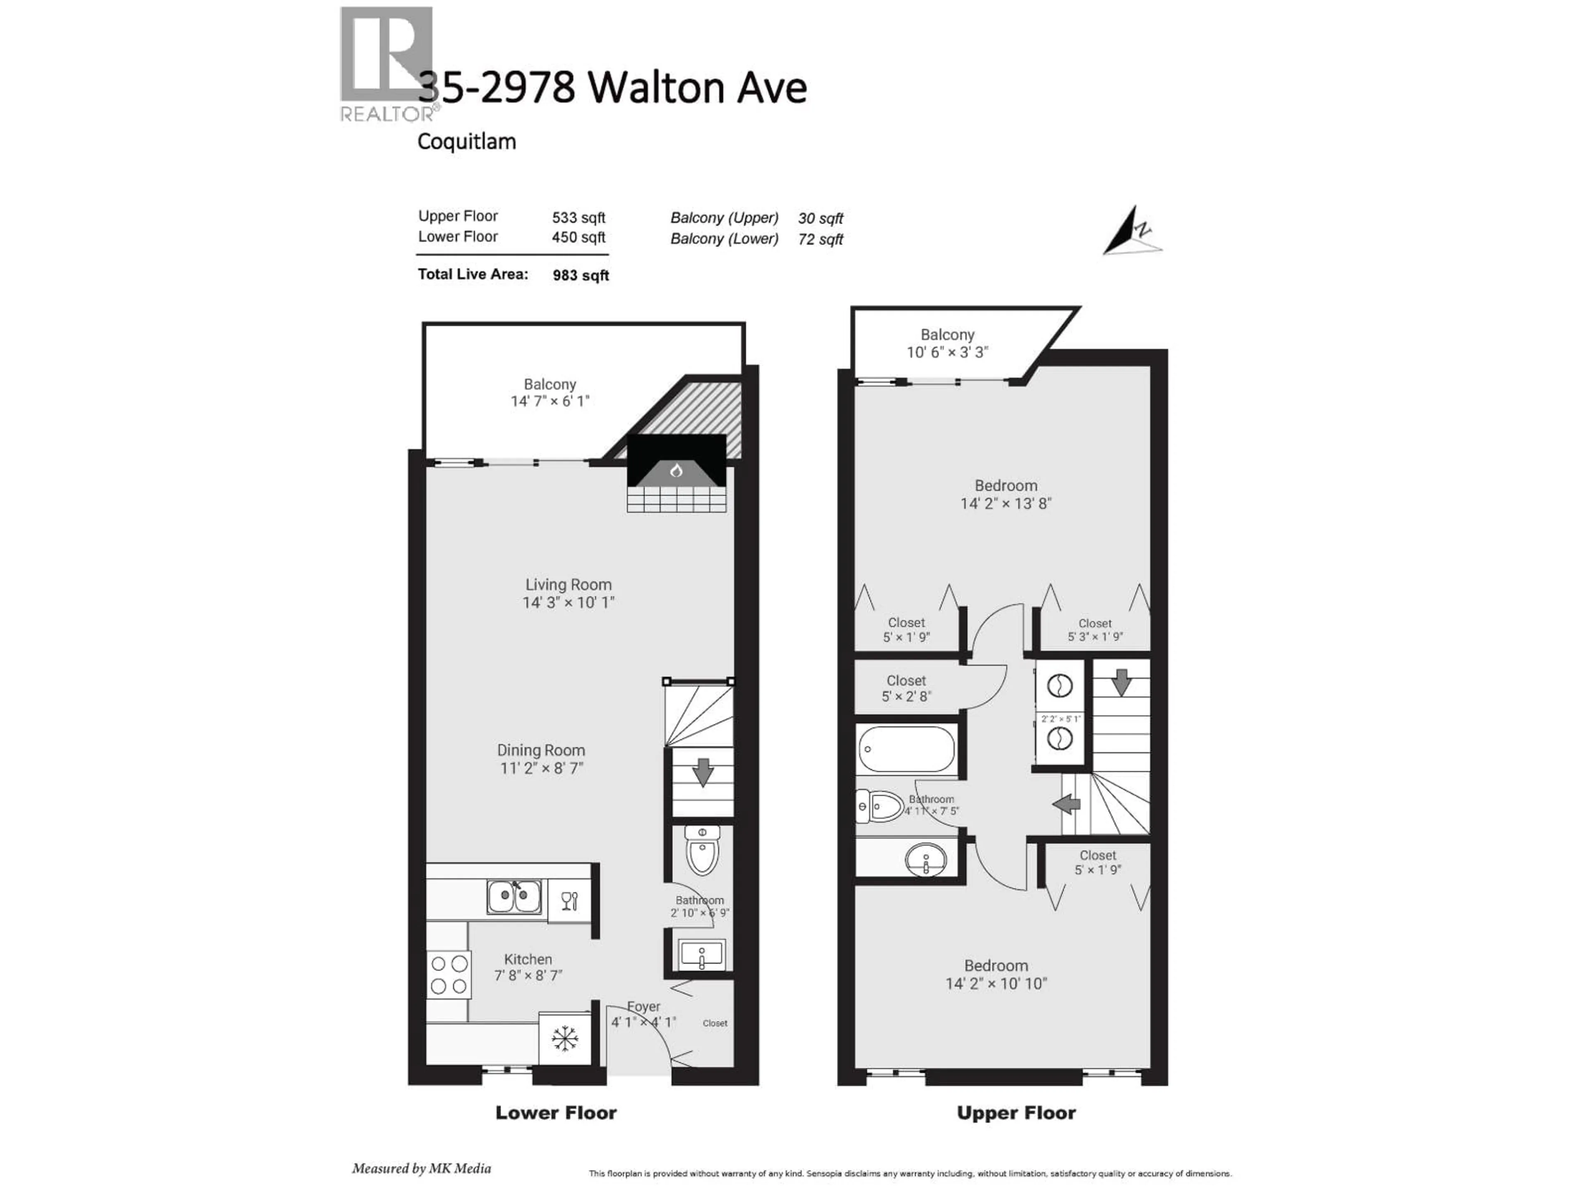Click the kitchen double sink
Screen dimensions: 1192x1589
(514, 897)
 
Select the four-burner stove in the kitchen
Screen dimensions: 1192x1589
(449, 975)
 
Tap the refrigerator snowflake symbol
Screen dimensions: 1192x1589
(565, 1039)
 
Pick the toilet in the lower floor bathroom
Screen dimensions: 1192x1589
(702, 851)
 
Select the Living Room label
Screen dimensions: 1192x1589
(568, 585)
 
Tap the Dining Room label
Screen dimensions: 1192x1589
(541, 750)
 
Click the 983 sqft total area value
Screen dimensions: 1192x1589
(581, 275)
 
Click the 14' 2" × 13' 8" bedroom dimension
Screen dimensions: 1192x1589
(1006, 504)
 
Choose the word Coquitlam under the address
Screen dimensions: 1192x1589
(467, 142)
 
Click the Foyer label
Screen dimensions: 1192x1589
(643, 1007)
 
